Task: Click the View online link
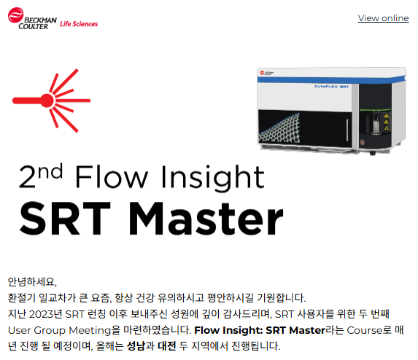pos(383,18)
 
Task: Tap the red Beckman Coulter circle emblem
pos(16,15)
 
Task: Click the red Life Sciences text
pos(79,24)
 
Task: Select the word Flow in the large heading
pos(112,176)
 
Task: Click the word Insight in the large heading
pos(212,177)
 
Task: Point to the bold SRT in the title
pos(66,219)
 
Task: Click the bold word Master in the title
pos(206,219)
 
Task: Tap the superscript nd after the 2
pos(50,171)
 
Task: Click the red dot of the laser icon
pos(47,101)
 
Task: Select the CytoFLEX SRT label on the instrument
pos(332,87)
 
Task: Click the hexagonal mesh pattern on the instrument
pos(279,128)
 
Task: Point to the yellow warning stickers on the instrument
pos(387,122)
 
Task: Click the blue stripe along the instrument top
pos(331,79)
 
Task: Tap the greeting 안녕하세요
pos(32,282)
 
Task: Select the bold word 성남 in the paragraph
pos(136,346)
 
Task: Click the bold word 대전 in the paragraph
pos(167,346)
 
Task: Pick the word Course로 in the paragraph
pos(369,330)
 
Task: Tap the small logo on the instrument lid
pos(266,73)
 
